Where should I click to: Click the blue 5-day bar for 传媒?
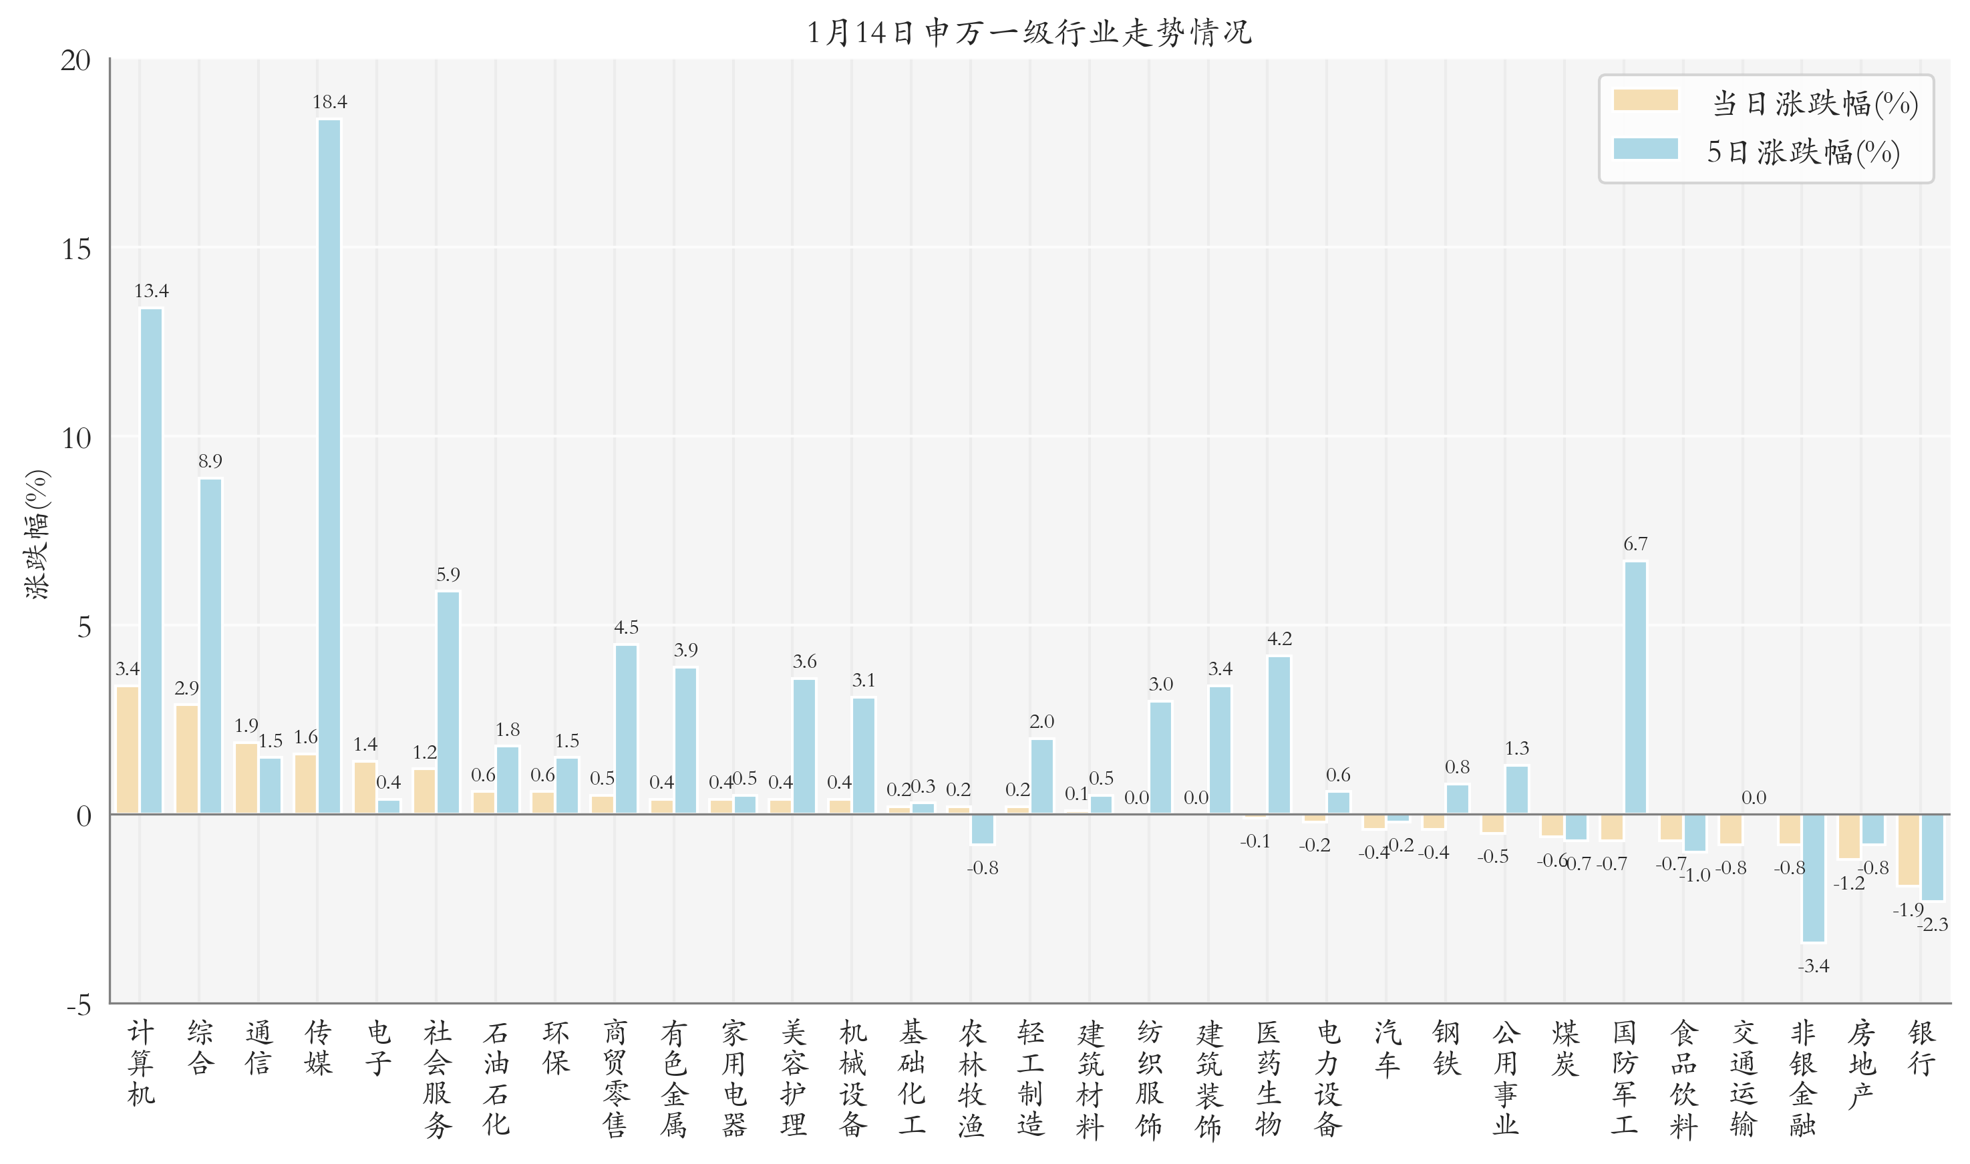tap(329, 467)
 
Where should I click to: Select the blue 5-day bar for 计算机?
tap(152, 561)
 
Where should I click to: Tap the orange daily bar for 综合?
tap(187, 759)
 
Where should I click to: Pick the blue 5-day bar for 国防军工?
tap(1635, 688)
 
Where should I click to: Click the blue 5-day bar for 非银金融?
tap(1813, 878)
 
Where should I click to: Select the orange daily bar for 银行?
tap(1908, 849)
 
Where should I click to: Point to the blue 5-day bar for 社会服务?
tap(448, 703)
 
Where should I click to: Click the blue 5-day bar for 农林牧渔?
tap(982, 829)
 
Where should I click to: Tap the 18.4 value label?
tap(329, 102)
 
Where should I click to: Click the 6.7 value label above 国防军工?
tap(1635, 544)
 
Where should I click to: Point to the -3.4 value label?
tap(1813, 966)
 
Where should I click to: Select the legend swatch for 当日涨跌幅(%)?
tap(1645, 100)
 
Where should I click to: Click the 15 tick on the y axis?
tap(76, 250)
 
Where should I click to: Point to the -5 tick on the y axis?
tap(78, 1005)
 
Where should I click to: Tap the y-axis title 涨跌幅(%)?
tap(37, 534)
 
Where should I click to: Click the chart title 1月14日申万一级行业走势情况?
tap(1029, 32)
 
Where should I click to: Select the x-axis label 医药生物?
tap(1268, 1079)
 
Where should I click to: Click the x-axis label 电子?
tap(378, 1048)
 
